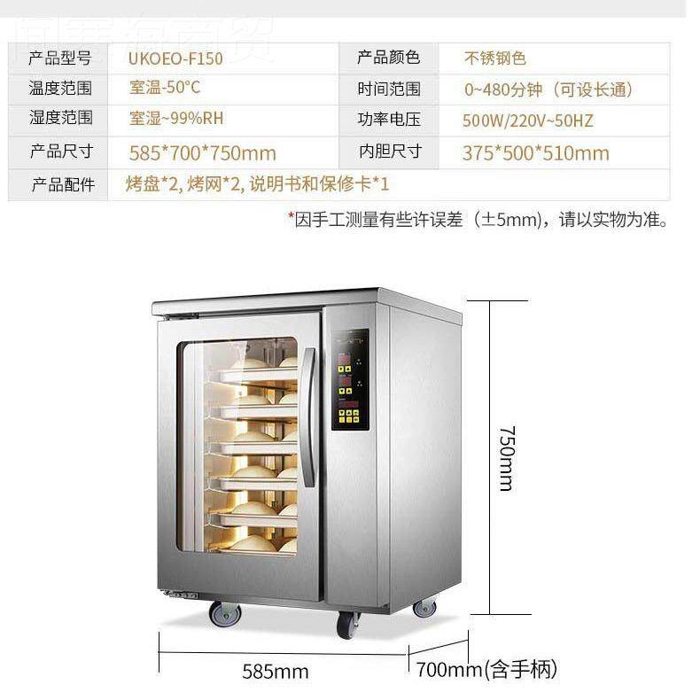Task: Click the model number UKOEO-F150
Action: (x=175, y=59)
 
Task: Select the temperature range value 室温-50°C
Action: (x=165, y=89)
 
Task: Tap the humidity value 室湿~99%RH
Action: (x=176, y=119)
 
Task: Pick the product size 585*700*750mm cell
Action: (x=202, y=152)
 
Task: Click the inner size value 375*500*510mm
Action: (x=535, y=152)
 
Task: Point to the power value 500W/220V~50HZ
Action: (x=527, y=121)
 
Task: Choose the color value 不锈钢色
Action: (x=495, y=59)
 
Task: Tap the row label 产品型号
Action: (x=60, y=59)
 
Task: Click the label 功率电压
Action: (x=389, y=120)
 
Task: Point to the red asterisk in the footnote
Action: (x=291, y=217)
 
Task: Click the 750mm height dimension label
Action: (x=506, y=457)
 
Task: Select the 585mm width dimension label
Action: (x=276, y=671)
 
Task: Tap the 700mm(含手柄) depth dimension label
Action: (x=501, y=669)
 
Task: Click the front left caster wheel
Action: (x=223, y=613)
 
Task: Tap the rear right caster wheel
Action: (x=424, y=607)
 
